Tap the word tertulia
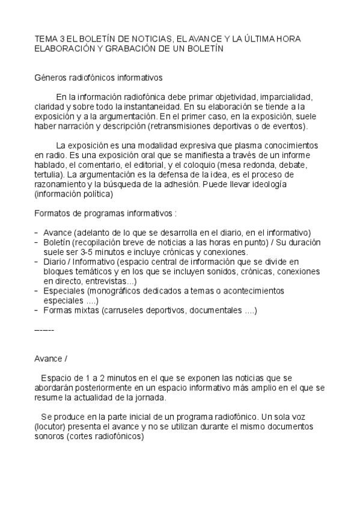[x=46, y=174]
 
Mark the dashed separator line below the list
[x=44, y=331]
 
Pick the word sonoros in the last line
[x=50, y=437]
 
